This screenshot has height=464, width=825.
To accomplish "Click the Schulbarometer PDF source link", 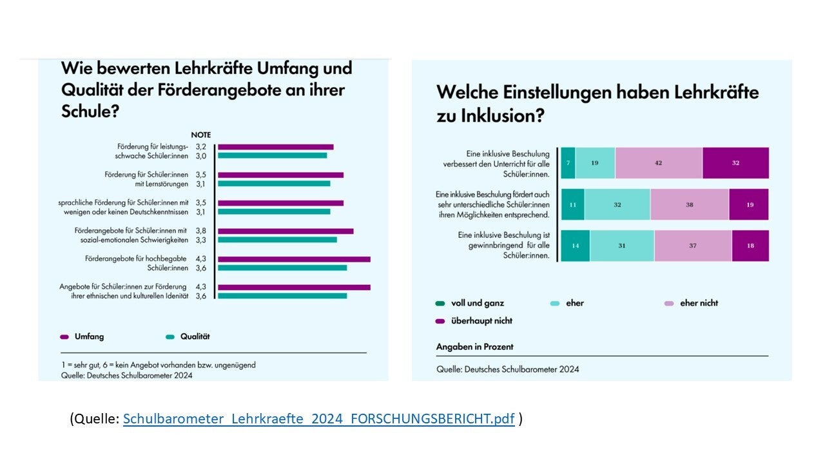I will click(x=318, y=419).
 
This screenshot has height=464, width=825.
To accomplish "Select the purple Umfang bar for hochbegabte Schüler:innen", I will click(x=294, y=259).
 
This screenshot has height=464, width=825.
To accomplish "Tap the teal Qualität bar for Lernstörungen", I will click(x=274, y=184).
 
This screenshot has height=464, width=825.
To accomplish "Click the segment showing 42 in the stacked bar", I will click(x=658, y=163).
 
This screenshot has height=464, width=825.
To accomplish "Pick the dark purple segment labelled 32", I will click(x=735, y=163).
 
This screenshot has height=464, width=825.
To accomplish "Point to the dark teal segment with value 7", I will click(x=568, y=163).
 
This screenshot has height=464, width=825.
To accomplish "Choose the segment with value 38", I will click(x=689, y=204).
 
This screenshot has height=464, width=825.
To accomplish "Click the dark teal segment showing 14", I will click(x=575, y=246).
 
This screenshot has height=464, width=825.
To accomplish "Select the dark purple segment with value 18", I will click(x=750, y=246).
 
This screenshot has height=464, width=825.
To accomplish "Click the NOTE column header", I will click(x=201, y=135).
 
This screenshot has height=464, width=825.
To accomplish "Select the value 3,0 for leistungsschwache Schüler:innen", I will click(x=201, y=155).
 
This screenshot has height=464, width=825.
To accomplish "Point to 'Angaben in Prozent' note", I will click(x=474, y=347).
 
